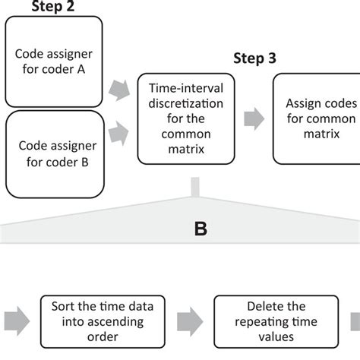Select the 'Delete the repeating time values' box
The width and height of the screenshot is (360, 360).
click(x=264, y=321)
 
